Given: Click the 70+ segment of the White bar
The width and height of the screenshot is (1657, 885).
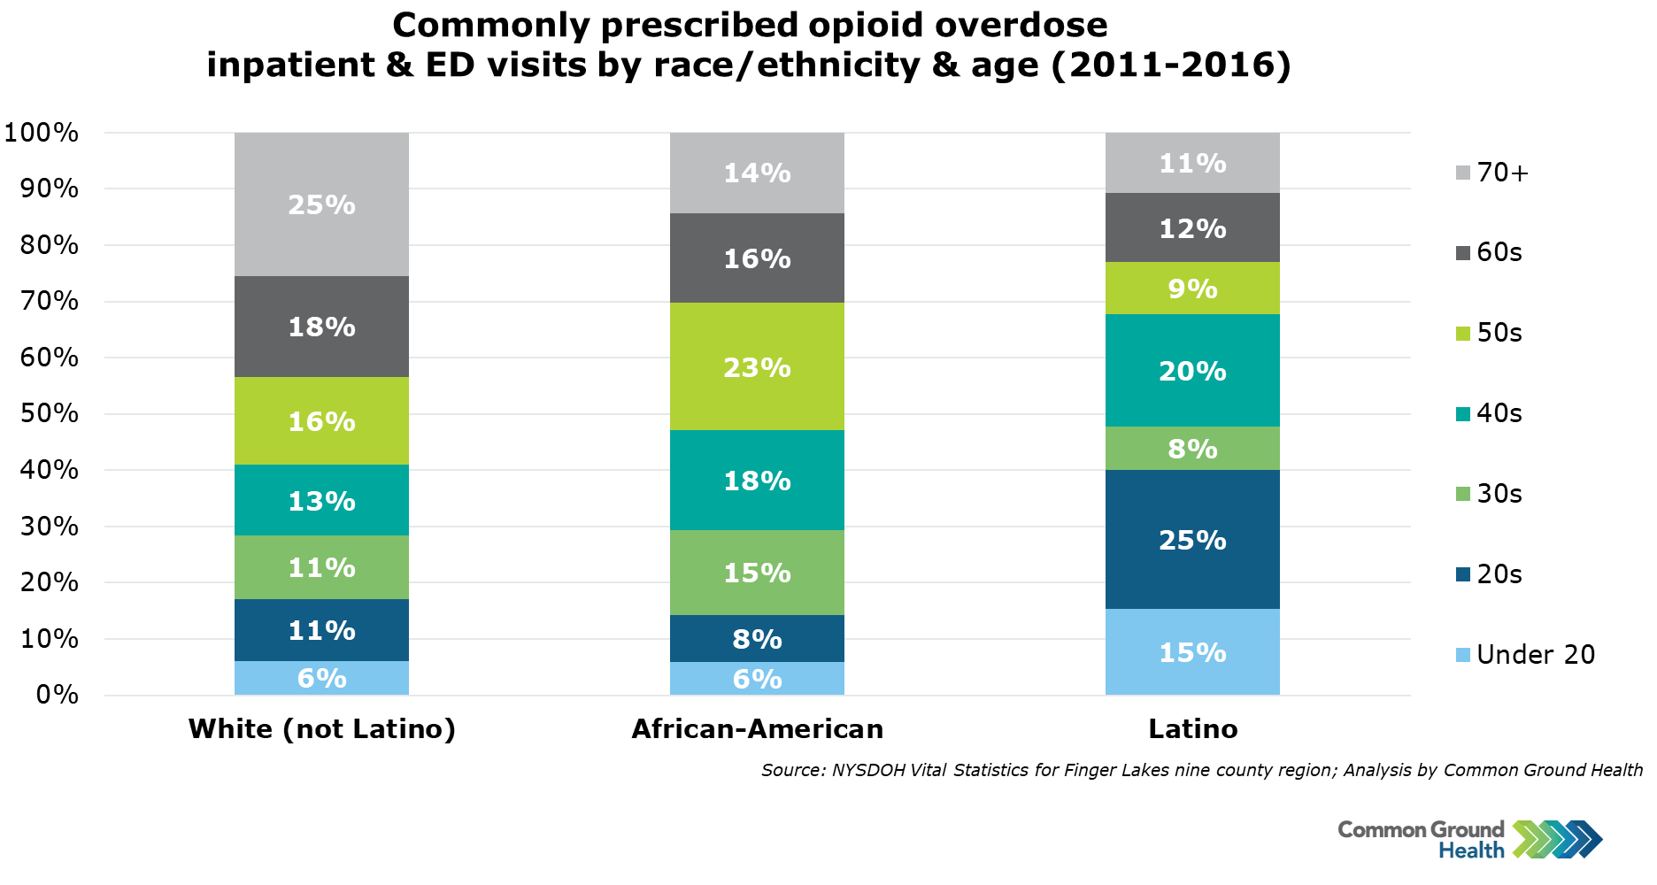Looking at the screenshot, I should coord(321,204).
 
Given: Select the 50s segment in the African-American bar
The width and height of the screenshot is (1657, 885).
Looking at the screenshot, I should coord(757,366).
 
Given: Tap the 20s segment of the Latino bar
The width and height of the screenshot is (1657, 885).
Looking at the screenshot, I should coord(1192,539).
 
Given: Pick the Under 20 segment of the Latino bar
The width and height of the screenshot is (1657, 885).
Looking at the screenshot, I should coord(1192,652).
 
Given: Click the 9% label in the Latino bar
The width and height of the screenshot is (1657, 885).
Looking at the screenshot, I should coord(1192,289).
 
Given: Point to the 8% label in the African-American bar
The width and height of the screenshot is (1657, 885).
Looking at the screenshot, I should coord(757,639).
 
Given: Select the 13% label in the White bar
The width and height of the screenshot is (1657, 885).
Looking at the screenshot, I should coord(321,501).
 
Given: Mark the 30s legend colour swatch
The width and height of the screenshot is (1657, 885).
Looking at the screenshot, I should coord(1463,494).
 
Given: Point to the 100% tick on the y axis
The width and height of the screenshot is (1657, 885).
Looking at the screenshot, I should coord(42,133).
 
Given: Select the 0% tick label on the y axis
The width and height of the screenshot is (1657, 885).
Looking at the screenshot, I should coord(57,695).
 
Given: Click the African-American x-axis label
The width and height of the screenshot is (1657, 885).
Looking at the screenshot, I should coord(757,728).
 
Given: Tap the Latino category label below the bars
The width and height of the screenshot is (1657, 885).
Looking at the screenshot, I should coord(1192,728).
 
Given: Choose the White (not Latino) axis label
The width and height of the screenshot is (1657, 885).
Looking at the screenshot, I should coord(321,728).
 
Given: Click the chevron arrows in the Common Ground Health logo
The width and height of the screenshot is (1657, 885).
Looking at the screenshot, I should coord(1557,839).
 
